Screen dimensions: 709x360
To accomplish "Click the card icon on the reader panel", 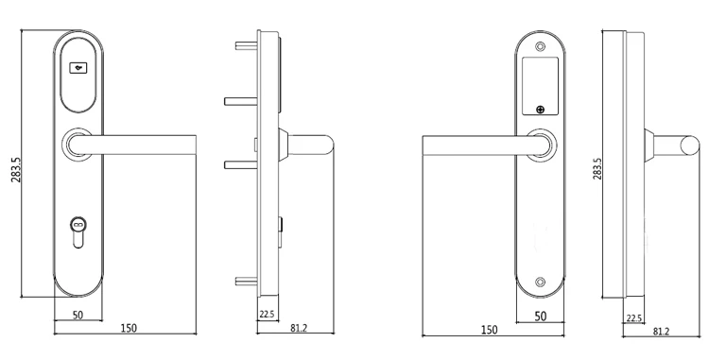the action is (78, 68).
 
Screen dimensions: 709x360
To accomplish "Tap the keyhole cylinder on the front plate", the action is (78, 232).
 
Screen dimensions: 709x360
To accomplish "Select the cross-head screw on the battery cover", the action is (540, 109).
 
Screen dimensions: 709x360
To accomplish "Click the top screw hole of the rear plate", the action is (540, 46).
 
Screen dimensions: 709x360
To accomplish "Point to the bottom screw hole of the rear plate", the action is (540, 283).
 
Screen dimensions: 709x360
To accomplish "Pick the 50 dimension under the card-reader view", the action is (78, 315).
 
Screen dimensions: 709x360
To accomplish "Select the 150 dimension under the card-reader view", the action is (129, 328).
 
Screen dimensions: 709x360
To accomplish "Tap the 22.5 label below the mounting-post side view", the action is (268, 315).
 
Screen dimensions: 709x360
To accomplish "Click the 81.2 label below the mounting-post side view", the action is (299, 329).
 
